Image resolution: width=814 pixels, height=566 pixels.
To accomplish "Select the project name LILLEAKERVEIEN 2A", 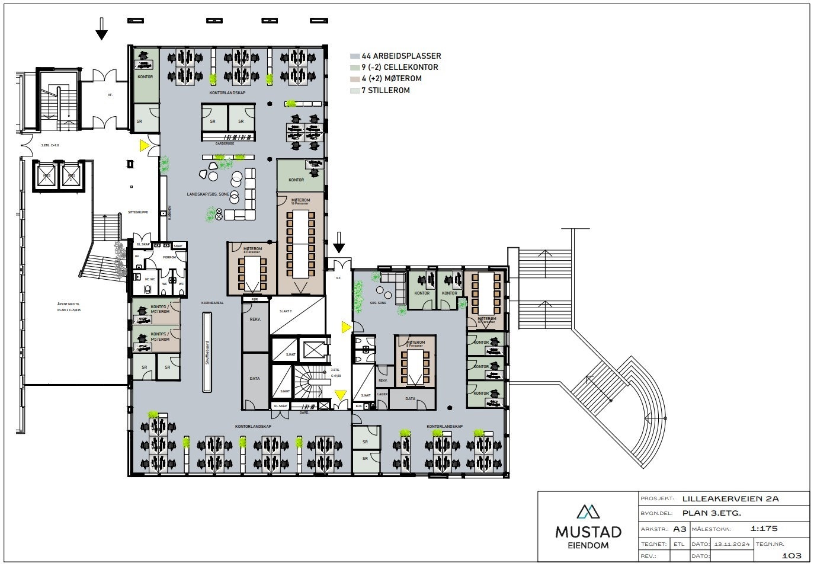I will (x=730, y=498).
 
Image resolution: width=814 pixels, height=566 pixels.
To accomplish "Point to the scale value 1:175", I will (x=764, y=529).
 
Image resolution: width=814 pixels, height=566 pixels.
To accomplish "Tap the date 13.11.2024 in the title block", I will (x=732, y=543).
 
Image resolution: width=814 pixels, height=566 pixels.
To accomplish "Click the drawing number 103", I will (x=791, y=555).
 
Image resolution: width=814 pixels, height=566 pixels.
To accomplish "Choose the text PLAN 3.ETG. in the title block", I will (x=712, y=513).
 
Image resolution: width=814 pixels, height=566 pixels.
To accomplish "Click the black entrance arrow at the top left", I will (x=102, y=28).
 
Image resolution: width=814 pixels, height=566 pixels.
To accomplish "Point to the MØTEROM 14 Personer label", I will (x=300, y=201).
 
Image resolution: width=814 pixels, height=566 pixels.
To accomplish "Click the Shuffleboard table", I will (x=207, y=353).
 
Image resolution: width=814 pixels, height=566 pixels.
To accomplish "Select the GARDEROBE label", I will (x=227, y=142).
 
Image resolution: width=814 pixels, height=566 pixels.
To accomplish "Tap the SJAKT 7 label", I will (x=281, y=311).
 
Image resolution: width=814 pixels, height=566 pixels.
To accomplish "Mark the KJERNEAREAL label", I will (x=212, y=302).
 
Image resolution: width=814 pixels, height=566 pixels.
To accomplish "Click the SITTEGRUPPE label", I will (x=137, y=212).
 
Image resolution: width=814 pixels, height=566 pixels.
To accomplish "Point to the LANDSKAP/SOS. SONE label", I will (x=208, y=194).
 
